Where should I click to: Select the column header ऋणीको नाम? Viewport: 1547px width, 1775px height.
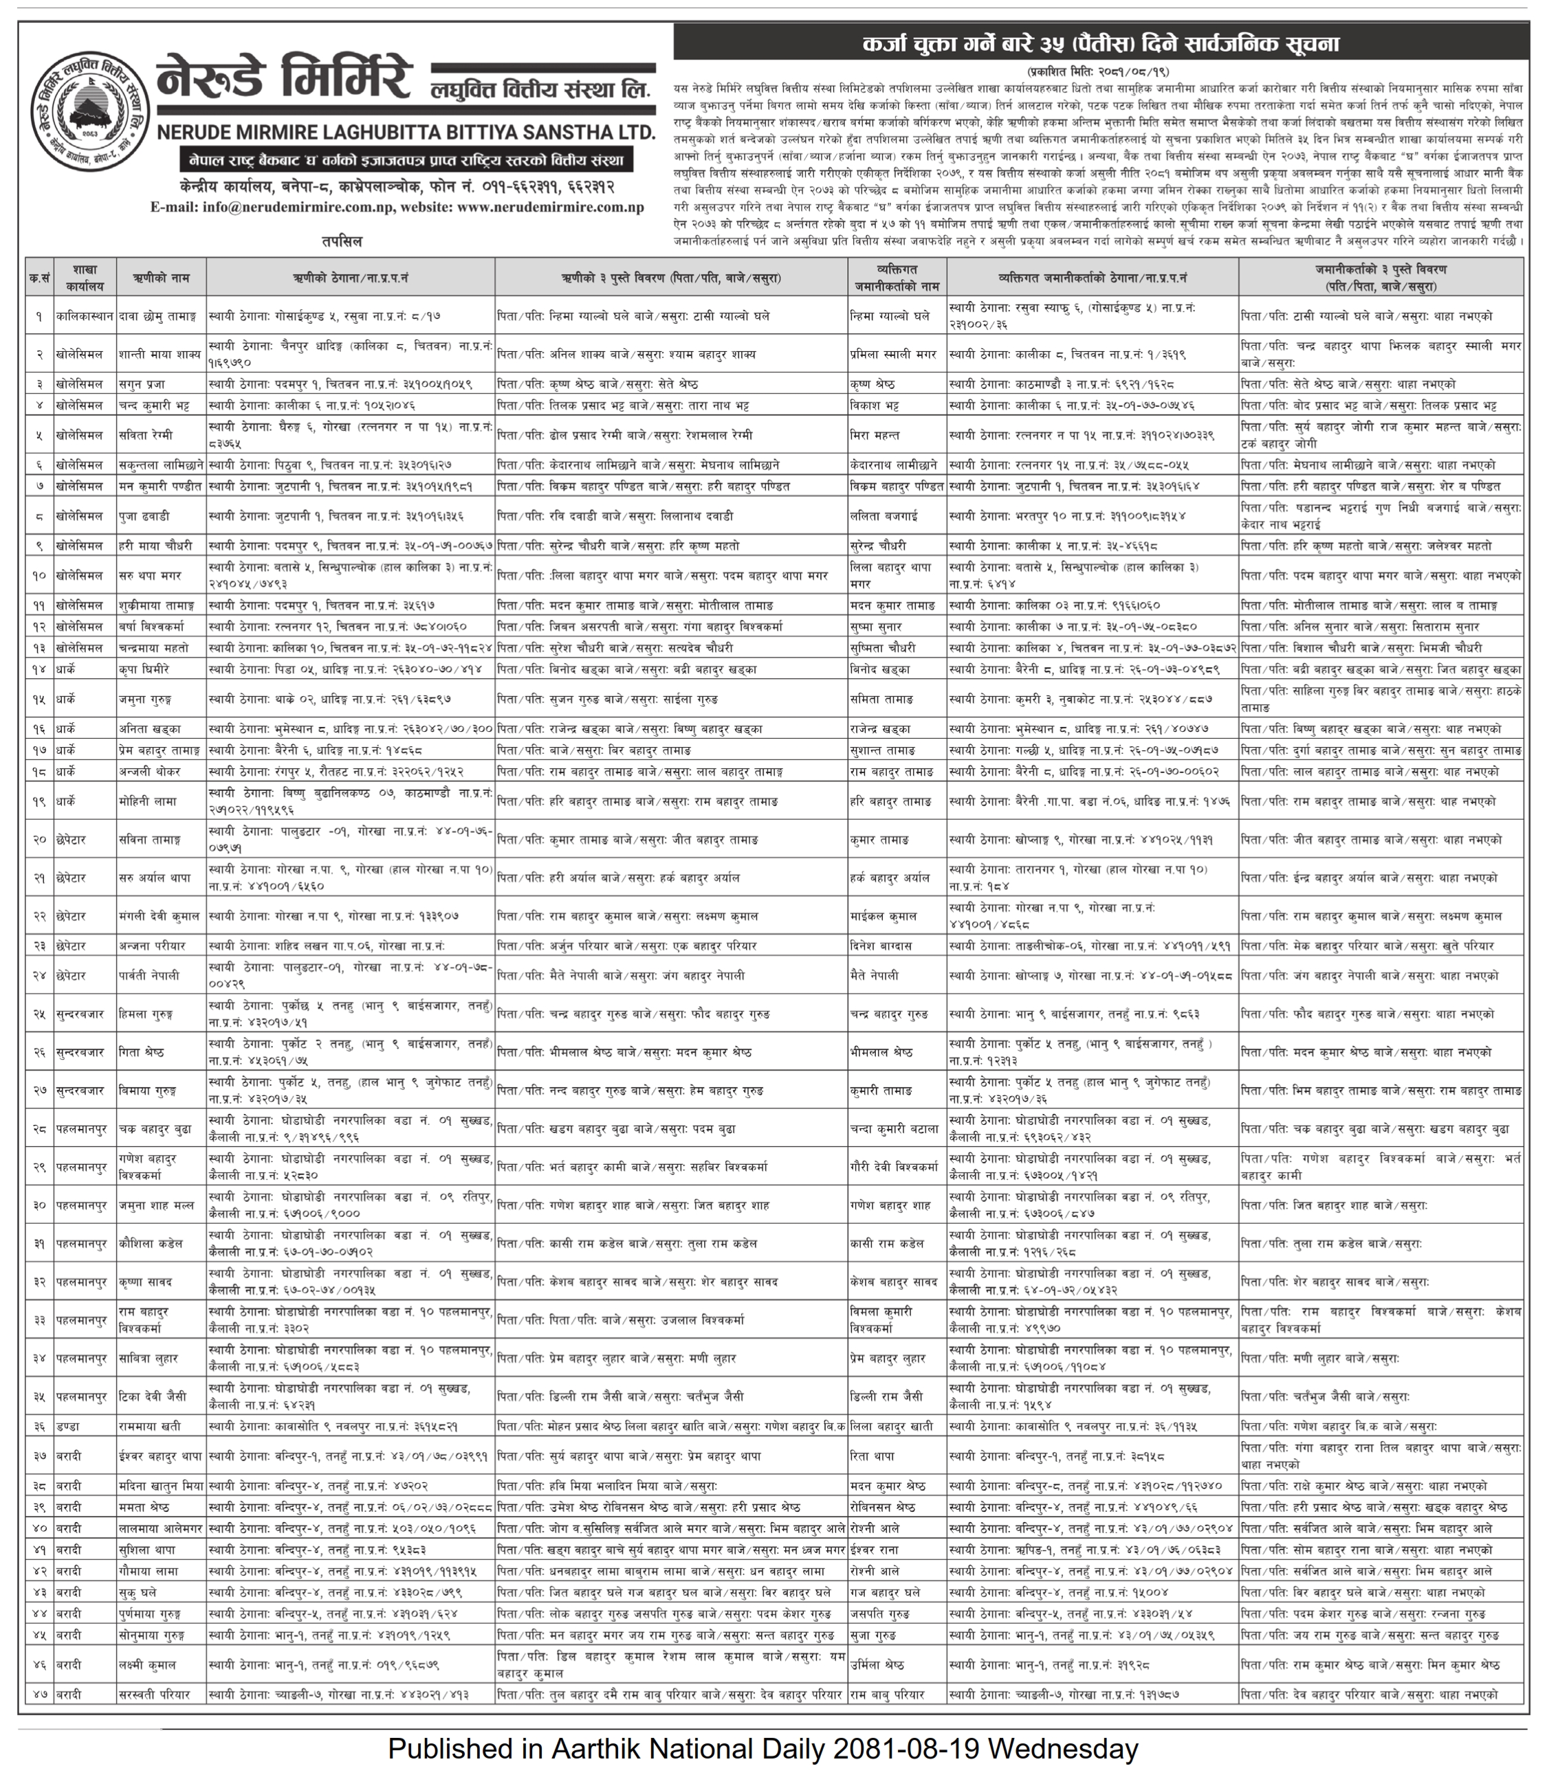pos(162,278)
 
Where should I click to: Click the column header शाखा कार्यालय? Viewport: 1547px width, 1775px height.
pos(85,278)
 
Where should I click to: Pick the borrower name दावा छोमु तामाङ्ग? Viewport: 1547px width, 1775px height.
pos(158,317)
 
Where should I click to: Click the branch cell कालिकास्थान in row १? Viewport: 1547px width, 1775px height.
pos(85,317)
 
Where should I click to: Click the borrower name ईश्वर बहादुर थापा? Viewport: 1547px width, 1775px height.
pos(161,1455)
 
